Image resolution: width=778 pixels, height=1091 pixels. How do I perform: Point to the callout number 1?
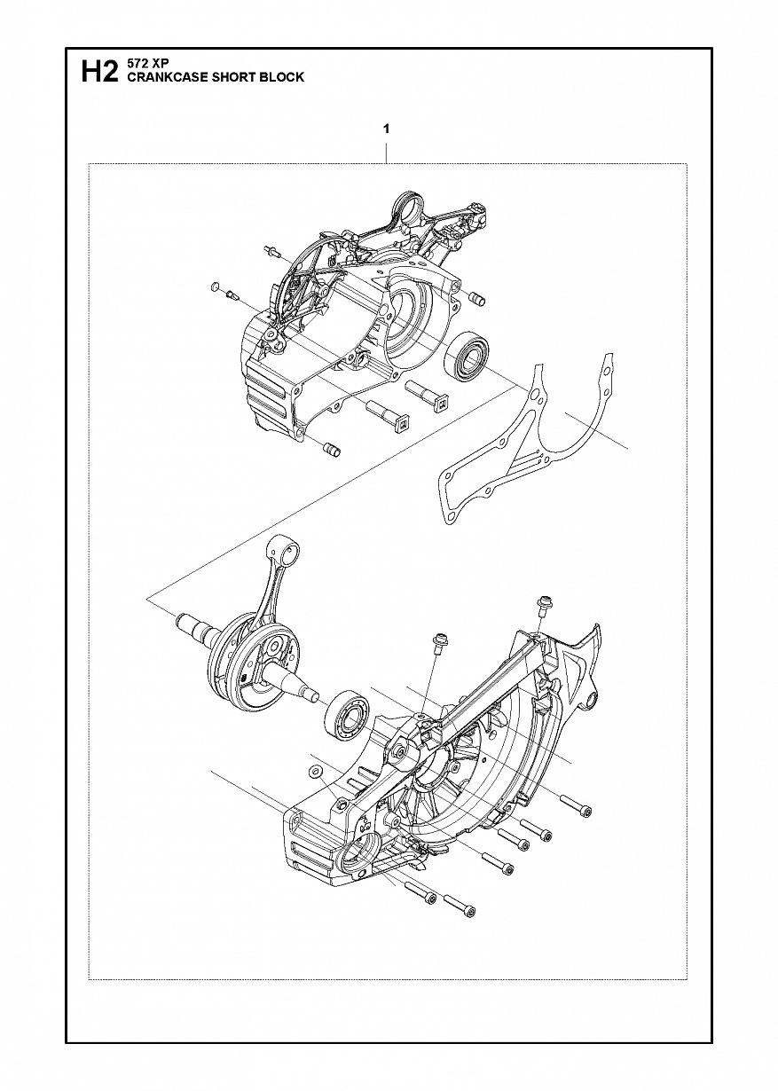[386, 130]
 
